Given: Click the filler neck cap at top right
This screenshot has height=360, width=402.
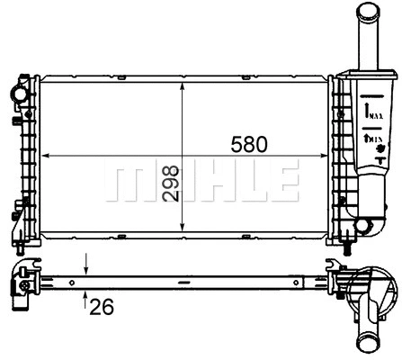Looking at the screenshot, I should [x=369, y=13].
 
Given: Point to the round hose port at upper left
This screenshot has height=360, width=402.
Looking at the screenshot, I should [x=18, y=94].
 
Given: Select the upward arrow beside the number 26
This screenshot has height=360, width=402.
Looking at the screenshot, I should [x=85, y=295].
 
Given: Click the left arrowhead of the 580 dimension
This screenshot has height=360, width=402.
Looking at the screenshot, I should [x=47, y=156].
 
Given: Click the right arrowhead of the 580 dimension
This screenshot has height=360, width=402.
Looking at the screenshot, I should [x=326, y=156].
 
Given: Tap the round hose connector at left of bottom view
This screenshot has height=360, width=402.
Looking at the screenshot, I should [x=19, y=286].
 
